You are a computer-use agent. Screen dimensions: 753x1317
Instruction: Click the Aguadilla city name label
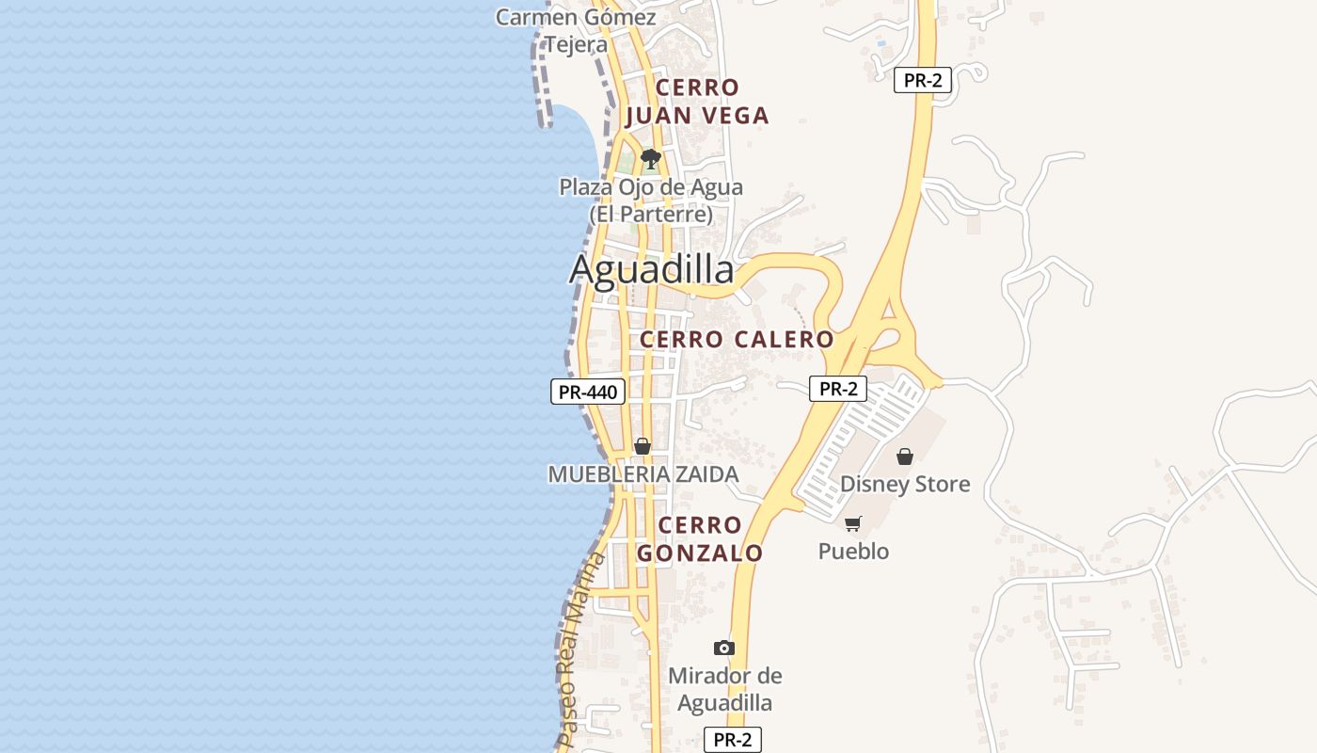651,270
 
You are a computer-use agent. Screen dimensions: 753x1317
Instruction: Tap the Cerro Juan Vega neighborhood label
697,102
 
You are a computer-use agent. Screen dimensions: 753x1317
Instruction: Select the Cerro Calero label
737,340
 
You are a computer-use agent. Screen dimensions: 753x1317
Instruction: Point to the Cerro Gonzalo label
700,539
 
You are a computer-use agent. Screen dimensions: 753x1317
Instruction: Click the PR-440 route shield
588,393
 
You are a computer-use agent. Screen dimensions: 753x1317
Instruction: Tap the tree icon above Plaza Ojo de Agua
650,158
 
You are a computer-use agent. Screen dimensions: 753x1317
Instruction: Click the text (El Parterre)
651,215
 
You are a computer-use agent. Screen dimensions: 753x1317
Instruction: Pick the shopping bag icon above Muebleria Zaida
643,446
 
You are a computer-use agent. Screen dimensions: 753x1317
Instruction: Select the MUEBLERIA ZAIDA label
643,474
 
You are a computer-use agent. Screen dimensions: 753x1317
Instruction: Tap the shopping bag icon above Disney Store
905,457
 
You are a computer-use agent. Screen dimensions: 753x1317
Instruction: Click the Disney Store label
905,485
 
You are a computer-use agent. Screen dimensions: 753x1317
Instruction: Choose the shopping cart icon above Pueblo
853,523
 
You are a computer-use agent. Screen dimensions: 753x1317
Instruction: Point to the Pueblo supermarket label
853,552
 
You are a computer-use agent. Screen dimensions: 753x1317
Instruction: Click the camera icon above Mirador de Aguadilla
724,648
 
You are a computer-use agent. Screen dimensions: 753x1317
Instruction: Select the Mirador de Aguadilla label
724,689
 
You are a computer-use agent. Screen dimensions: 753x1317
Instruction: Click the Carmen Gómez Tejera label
577,31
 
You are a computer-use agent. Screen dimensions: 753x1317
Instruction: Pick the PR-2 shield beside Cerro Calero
837,389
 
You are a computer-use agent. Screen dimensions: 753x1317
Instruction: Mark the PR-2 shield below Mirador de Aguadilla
732,740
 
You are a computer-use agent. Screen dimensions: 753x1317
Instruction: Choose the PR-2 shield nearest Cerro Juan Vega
922,80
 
